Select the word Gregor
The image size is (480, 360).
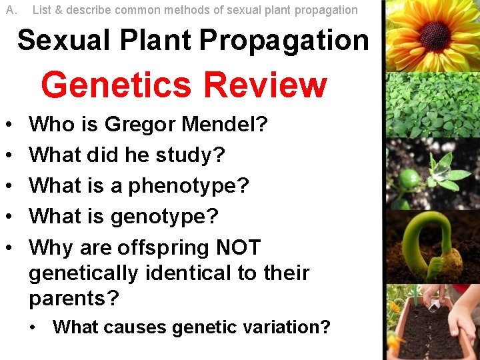pyautogui.click(x=140, y=124)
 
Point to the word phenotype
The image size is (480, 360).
pyautogui.click(x=188, y=186)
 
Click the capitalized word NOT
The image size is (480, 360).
pyautogui.click(x=239, y=247)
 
